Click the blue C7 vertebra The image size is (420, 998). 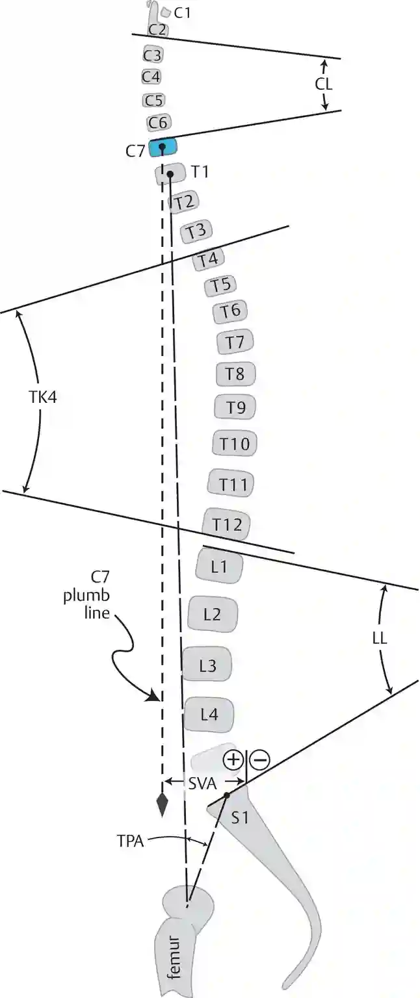click(163, 148)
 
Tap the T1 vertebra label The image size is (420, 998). click(199, 172)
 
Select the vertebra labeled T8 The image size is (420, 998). click(235, 374)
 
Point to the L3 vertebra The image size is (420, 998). click(207, 665)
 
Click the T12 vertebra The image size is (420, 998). click(226, 524)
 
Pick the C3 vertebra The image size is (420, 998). click(152, 55)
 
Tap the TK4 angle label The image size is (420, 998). click(42, 397)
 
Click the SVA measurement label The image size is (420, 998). click(202, 784)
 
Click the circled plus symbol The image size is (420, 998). click(233, 760)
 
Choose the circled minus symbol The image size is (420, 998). click(259, 760)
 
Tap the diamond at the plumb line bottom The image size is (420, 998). click(162, 804)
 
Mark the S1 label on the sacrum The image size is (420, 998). click(241, 818)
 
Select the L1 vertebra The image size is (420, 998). click(220, 567)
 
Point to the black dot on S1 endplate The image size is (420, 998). click(226, 795)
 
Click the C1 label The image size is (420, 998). click(183, 12)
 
